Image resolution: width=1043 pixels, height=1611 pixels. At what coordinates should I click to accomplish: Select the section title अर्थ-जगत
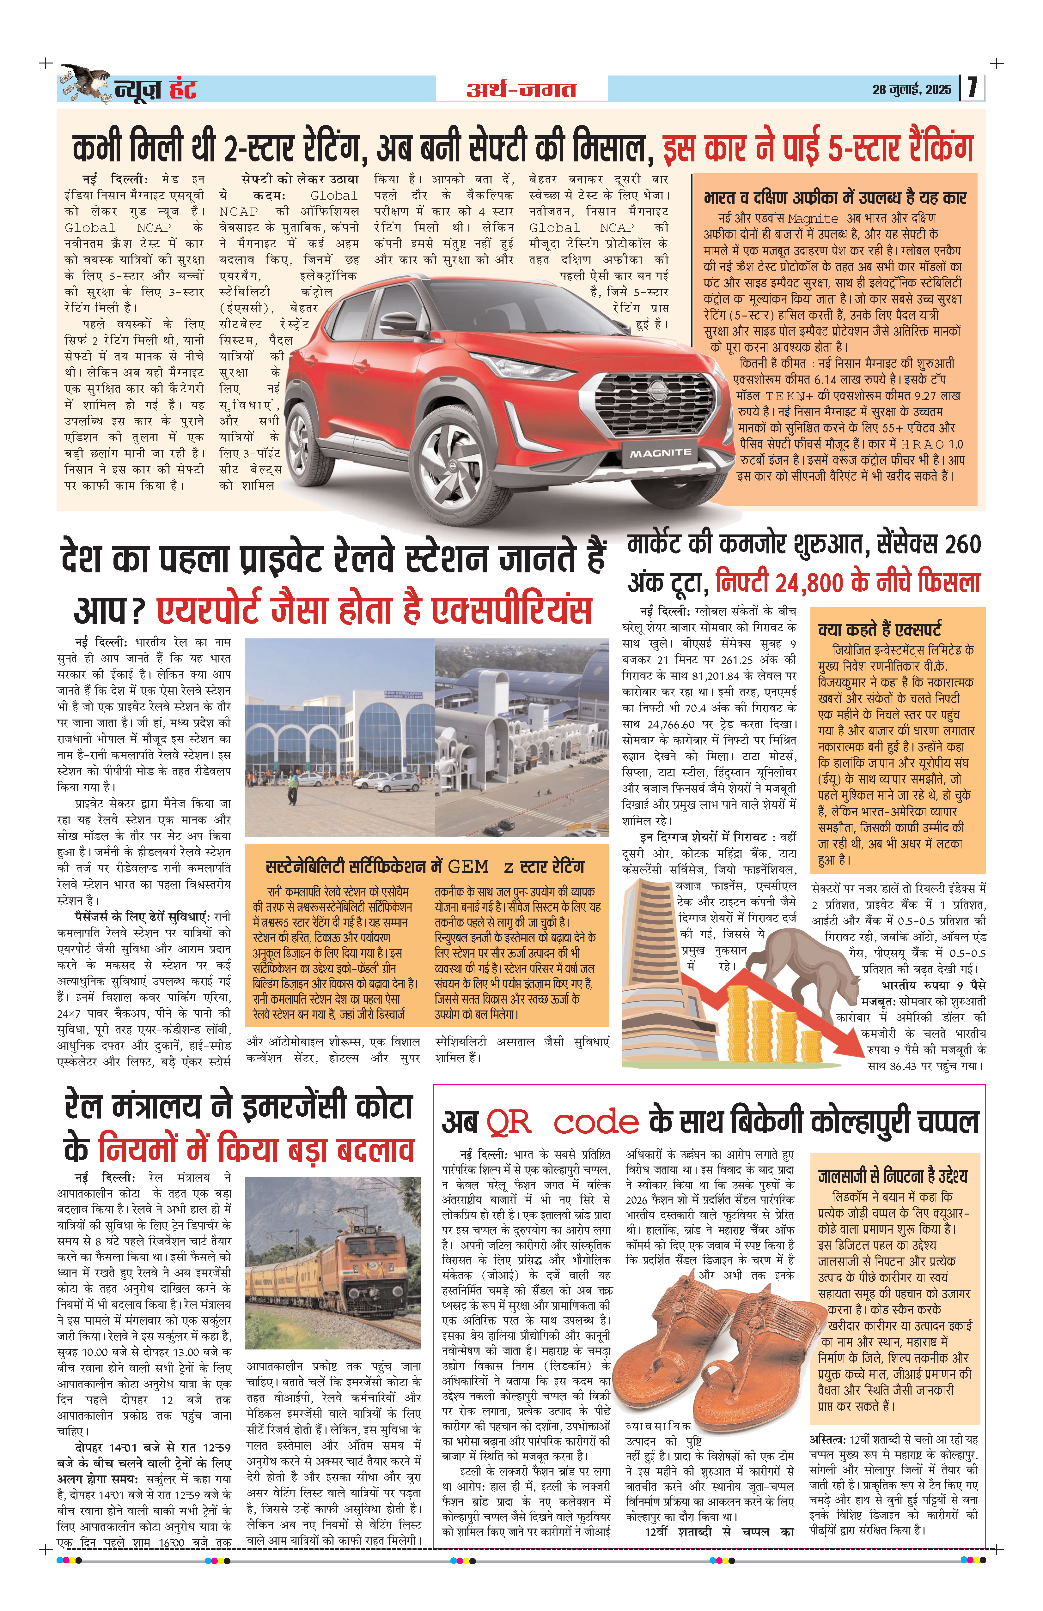click(x=521, y=89)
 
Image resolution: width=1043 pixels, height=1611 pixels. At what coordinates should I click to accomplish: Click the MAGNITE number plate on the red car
click(x=660, y=452)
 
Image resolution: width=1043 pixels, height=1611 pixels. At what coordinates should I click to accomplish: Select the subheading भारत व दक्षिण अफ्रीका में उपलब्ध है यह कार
click(x=835, y=198)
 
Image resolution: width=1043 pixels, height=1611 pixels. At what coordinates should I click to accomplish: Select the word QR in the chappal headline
click(x=508, y=1122)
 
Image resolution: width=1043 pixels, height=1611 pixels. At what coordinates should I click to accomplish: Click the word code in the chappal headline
click(x=596, y=1122)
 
